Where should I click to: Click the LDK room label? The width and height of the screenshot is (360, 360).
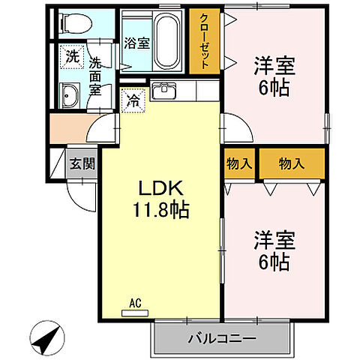[160, 188]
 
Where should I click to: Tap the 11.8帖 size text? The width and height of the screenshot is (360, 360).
[160, 208]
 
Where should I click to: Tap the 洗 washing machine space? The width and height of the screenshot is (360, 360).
[72, 55]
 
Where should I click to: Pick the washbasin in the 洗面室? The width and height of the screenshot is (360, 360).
[70, 95]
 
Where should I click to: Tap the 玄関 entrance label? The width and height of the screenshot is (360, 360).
[82, 163]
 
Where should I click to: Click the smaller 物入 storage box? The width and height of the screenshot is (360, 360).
[238, 163]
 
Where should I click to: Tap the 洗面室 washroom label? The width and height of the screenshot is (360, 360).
[95, 76]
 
